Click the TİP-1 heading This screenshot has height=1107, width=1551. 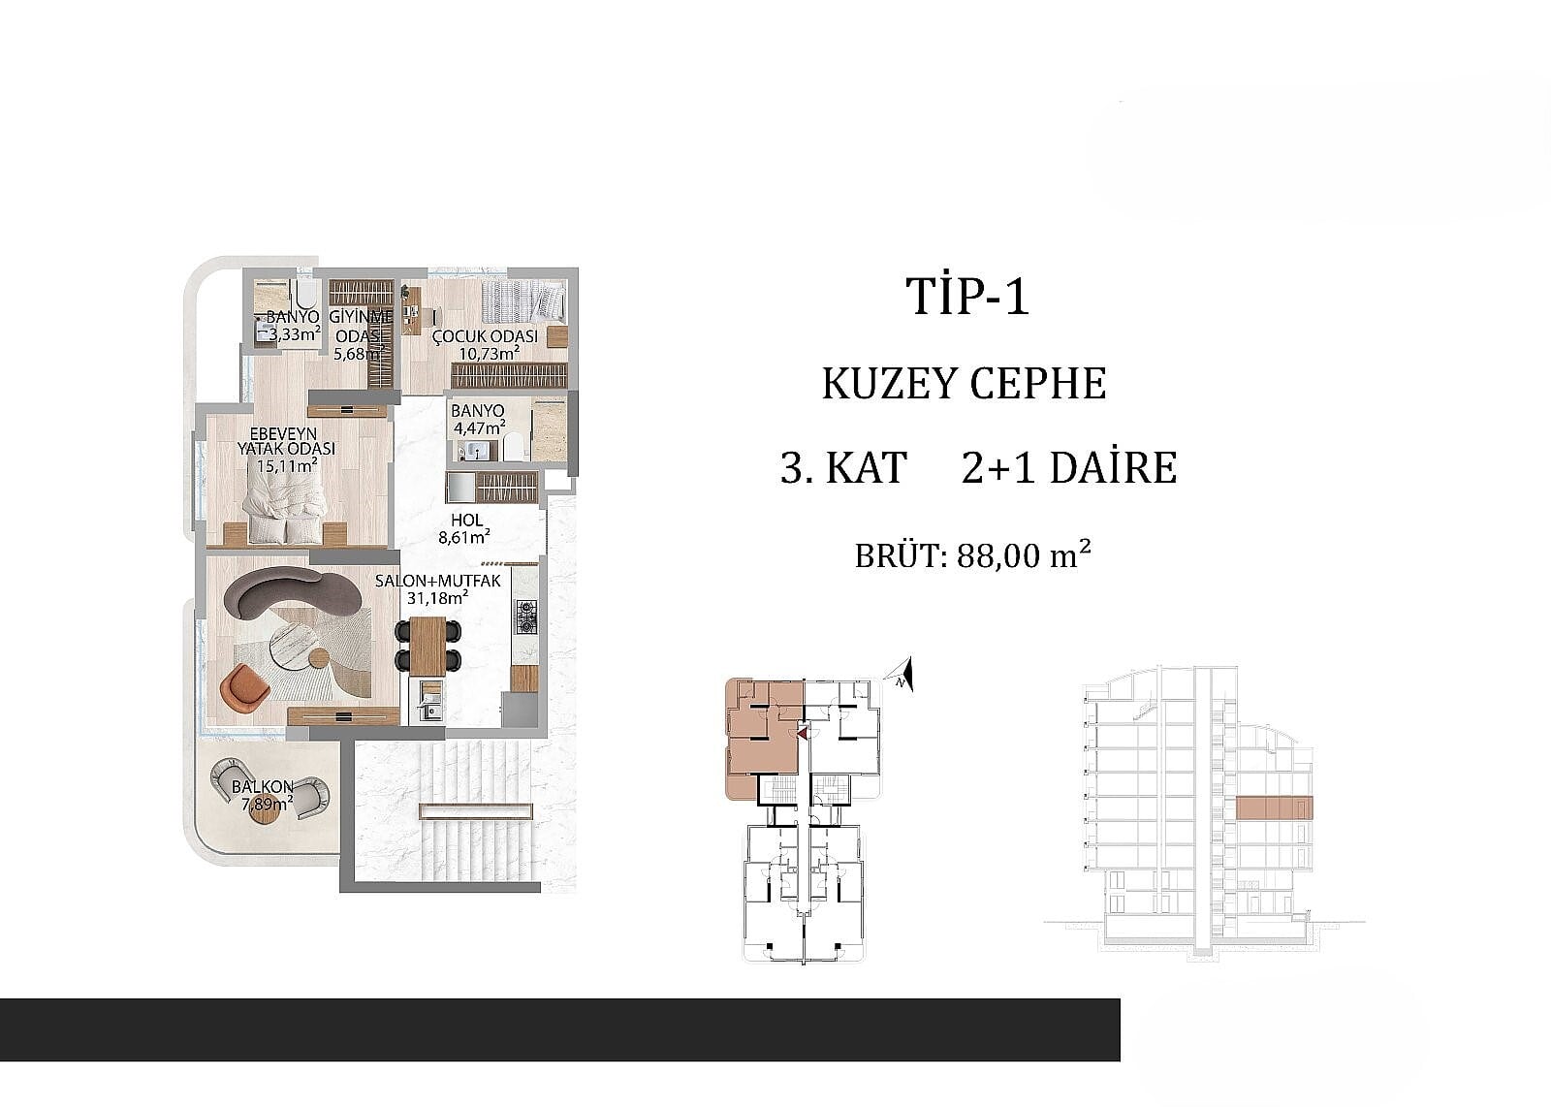(x=968, y=297)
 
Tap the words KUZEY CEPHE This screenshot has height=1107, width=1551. (x=964, y=383)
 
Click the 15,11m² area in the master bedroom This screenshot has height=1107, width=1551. (x=287, y=465)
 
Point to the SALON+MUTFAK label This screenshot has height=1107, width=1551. (x=437, y=581)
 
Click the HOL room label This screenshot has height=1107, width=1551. (x=466, y=520)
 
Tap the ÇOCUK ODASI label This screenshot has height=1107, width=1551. (x=485, y=337)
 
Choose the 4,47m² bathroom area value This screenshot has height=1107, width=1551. (x=479, y=427)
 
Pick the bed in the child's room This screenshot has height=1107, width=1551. (x=523, y=301)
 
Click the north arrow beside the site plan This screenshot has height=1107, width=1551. (x=902, y=674)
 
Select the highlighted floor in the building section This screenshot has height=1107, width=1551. (x=1274, y=808)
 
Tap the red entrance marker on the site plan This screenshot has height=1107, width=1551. (x=802, y=732)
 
